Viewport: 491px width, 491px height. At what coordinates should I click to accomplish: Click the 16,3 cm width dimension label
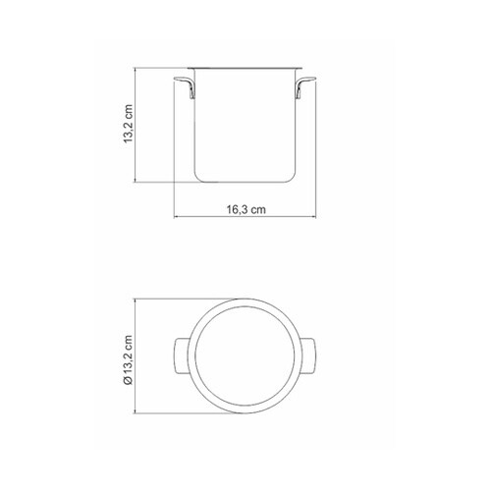click(246, 209)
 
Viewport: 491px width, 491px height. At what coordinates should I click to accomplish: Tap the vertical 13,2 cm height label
click(128, 124)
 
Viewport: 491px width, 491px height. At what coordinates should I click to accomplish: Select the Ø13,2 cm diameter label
click(128, 359)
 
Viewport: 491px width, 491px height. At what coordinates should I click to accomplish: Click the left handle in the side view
click(185, 86)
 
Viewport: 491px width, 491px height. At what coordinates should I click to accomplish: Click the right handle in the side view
click(305, 86)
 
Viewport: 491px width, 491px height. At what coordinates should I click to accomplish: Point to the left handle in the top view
click(182, 355)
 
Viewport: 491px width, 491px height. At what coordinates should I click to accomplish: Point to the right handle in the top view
click(308, 355)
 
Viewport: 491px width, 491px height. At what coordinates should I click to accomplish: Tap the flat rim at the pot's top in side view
click(245, 68)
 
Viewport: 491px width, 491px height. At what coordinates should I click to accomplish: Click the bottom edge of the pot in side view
click(245, 182)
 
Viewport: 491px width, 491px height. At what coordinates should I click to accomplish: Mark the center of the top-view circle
click(245, 356)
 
